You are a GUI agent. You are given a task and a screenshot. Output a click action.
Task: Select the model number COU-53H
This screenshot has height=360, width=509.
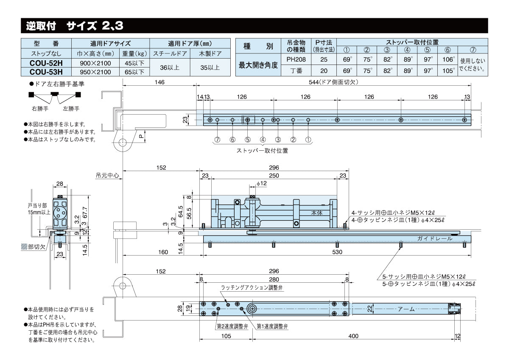[47, 71]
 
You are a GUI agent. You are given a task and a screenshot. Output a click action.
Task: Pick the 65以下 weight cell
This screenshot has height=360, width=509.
[134, 71]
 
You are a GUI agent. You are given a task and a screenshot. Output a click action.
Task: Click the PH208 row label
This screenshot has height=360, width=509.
[296, 59]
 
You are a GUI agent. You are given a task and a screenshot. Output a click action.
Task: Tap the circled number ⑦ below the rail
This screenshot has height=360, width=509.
[217, 140]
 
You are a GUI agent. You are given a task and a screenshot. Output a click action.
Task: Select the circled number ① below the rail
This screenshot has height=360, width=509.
[308, 140]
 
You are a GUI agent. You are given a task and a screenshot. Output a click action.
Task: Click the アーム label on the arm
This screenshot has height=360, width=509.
[406, 309]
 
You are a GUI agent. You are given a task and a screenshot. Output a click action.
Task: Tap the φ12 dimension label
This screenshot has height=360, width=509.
[262, 183]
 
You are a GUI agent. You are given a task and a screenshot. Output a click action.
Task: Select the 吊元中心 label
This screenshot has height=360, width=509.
[108, 175]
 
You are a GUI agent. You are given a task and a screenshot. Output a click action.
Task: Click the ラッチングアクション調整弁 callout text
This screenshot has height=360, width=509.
[252, 288]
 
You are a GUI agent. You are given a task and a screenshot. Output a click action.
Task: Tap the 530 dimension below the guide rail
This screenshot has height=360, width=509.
[337, 252]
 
